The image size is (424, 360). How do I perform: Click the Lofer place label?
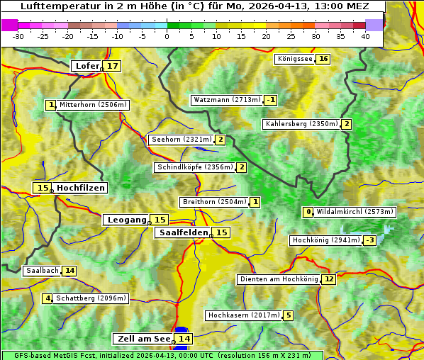(x=87, y=66)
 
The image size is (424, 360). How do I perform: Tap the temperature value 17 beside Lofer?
(x=113, y=66)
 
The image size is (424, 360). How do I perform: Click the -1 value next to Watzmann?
(x=271, y=100)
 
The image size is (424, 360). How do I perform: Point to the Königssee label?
(x=295, y=59)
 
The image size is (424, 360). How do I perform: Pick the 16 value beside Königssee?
(x=323, y=59)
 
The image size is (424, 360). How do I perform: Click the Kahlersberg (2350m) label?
(x=301, y=124)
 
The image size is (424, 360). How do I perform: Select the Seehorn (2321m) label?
(x=182, y=140)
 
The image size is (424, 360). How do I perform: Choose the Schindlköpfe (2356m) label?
(x=194, y=167)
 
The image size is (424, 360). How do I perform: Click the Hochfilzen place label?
(x=81, y=188)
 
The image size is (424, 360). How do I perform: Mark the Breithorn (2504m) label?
(x=213, y=202)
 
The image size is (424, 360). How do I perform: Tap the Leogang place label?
(x=126, y=220)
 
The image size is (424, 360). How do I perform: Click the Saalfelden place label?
(x=183, y=232)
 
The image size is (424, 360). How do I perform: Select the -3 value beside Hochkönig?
(x=369, y=240)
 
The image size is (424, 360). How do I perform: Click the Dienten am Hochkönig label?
(x=279, y=279)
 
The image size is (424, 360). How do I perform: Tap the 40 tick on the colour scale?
(x=365, y=36)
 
